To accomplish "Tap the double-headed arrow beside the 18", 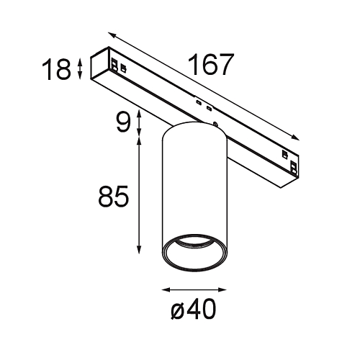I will click(79, 69).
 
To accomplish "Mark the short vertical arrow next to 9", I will click(138, 122).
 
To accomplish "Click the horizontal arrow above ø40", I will click(194, 290).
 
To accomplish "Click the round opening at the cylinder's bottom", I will click(194, 256).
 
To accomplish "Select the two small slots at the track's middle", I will click(202, 106).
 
